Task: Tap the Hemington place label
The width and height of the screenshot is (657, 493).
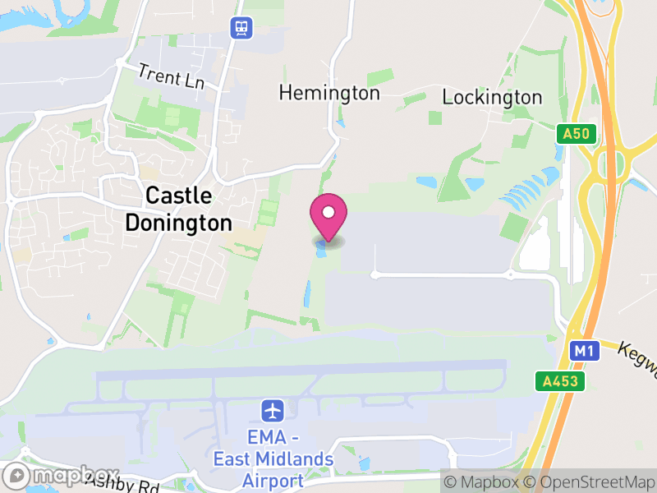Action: [329, 93]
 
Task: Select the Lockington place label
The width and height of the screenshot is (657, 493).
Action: [492, 97]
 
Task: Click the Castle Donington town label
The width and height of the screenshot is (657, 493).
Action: [178, 210]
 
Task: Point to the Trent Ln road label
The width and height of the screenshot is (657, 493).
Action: [171, 77]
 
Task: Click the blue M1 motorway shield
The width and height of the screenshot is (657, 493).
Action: [583, 351]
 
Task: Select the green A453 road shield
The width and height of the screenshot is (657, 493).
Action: [562, 381]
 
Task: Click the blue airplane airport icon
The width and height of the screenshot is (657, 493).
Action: [273, 408]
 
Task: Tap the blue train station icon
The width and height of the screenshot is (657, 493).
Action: [241, 28]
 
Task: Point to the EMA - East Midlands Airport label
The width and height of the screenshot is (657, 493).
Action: [273, 459]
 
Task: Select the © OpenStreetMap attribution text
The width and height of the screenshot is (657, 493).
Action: [590, 481]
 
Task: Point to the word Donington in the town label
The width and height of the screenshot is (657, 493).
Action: [178, 223]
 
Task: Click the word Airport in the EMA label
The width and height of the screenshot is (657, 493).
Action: [273, 480]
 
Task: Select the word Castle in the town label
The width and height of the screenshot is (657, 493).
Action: [178, 196]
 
